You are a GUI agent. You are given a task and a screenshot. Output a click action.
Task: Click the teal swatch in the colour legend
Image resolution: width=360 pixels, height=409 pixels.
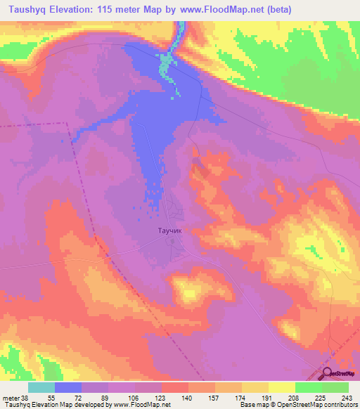pos(41,387)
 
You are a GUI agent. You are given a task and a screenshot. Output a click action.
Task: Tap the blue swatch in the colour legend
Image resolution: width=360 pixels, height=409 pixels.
pos(68,387)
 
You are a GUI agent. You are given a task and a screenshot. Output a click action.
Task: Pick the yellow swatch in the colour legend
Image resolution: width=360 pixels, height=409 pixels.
pos(281,387)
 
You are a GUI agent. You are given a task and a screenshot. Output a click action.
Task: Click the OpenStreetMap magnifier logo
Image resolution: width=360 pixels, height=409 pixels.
pos(328,374)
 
